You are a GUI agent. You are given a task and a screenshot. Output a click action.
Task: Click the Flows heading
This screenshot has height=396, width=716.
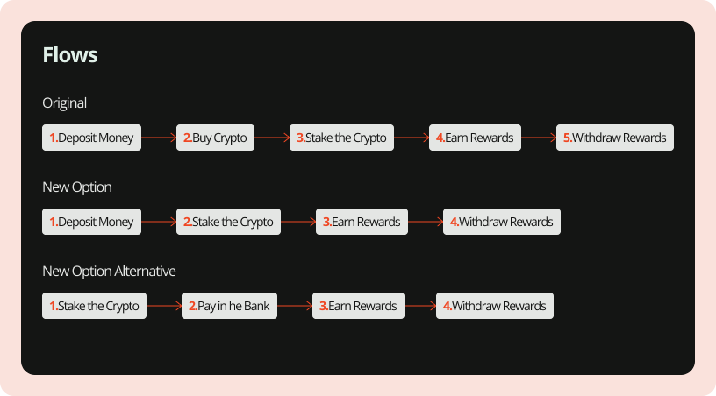pyautogui.click(x=70, y=55)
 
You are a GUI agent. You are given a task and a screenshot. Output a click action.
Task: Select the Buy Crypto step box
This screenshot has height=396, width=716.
pyautogui.click(x=215, y=138)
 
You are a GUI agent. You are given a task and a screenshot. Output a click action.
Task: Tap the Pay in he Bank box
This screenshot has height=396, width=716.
pyautogui.click(x=230, y=306)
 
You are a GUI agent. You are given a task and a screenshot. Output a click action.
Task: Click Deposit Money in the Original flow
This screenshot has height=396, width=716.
pyautogui.click(x=91, y=138)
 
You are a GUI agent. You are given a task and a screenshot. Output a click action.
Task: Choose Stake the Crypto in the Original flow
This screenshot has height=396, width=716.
pyautogui.click(x=342, y=138)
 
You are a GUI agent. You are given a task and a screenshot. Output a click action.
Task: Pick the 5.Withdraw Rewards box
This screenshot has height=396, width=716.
pyautogui.click(x=614, y=138)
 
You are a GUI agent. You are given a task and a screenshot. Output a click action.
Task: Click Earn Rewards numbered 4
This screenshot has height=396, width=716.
pyautogui.click(x=475, y=138)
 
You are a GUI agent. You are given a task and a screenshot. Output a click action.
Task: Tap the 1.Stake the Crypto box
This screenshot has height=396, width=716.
pyautogui.click(x=94, y=306)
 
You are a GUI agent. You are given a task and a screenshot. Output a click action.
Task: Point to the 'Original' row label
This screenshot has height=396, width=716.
pyautogui.click(x=65, y=103)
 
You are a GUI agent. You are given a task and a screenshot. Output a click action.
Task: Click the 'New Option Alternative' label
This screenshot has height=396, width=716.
pyautogui.click(x=109, y=271)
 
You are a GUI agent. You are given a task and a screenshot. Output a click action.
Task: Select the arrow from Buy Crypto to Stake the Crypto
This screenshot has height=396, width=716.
pyautogui.click(x=272, y=138)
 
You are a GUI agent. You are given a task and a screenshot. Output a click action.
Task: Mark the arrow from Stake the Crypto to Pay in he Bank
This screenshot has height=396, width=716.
pyautogui.click(x=164, y=306)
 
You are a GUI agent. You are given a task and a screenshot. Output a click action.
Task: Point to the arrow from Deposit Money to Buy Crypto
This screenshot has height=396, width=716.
pyautogui.click(x=159, y=138)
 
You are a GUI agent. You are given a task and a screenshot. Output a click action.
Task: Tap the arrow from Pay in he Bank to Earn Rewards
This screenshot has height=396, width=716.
pyautogui.click(x=296, y=306)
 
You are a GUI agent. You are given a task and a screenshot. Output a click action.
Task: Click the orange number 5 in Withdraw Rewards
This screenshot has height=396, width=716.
pyautogui.click(x=567, y=138)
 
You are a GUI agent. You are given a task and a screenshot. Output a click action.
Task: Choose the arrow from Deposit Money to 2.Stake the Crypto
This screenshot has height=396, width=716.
pyautogui.click(x=159, y=222)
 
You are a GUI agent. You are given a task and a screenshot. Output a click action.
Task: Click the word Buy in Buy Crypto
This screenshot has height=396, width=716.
pyautogui.click(x=202, y=138)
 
